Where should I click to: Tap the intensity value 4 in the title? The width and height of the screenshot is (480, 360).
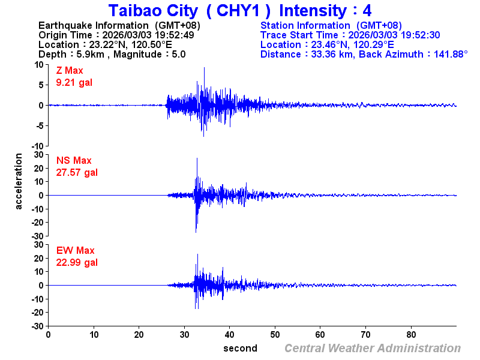coord(367,11)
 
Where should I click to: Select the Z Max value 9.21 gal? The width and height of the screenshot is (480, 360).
coord(74,82)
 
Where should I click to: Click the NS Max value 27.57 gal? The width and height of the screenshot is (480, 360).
coord(77,172)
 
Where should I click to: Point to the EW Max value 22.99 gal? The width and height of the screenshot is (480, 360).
coord(77,262)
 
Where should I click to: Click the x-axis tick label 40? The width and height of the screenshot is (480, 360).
coord(230,334)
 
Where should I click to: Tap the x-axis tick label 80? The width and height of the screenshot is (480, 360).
coord(412,334)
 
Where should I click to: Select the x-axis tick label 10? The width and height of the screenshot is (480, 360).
coord(94,334)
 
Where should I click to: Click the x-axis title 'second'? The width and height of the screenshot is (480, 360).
coord(240,348)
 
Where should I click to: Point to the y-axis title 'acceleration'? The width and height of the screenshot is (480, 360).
coord(19,181)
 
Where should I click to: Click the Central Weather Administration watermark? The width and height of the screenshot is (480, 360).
coord(372,348)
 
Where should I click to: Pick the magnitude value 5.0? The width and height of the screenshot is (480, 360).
coord(178,54)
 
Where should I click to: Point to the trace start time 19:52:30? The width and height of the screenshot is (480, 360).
coord(421,35)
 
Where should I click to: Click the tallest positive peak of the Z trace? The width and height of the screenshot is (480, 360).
coord(204,68)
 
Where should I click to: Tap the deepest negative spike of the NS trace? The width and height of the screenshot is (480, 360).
coord(196,232)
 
